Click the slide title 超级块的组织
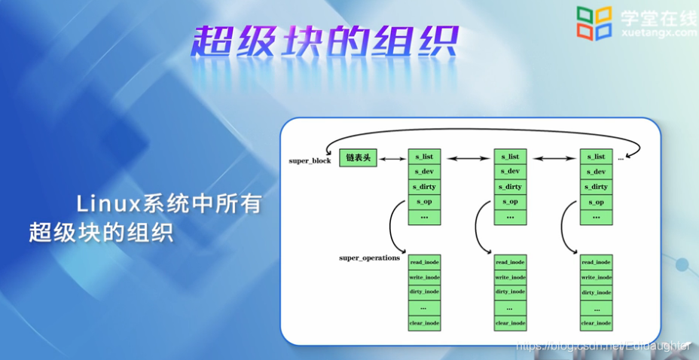pos(325,42)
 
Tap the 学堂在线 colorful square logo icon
pos(594,23)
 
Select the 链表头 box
pos(358,157)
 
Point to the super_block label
pos(310,161)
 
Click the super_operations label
pos(369,258)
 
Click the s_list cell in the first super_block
pos(424,157)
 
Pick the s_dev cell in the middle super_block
pos(510,172)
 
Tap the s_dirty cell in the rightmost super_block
pos(596,187)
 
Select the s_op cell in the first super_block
pos(424,202)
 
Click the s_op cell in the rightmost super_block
pos(596,202)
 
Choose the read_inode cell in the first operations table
pos(424,262)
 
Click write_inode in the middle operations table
pos(510,277)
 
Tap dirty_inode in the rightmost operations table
pos(596,292)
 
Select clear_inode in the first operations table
pos(424,323)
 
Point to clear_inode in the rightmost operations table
pos(596,323)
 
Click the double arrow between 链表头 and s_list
pos(392,158)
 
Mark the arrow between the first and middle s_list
pos(467,158)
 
